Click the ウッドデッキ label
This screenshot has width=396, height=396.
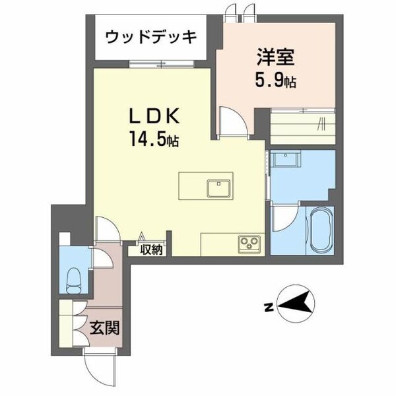pyautogui.click(x=152, y=36)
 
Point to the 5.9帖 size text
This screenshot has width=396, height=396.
pyautogui.click(x=276, y=82)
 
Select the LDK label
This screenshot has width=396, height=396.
pyautogui.click(x=154, y=117)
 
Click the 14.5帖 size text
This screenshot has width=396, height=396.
pyautogui.click(x=154, y=141)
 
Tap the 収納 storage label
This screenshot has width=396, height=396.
pyautogui.click(x=151, y=249)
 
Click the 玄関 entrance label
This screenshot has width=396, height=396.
pyautogui.click(x=104, y=327)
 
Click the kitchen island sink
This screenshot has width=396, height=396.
pyautogui.click(x=218, y=187)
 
